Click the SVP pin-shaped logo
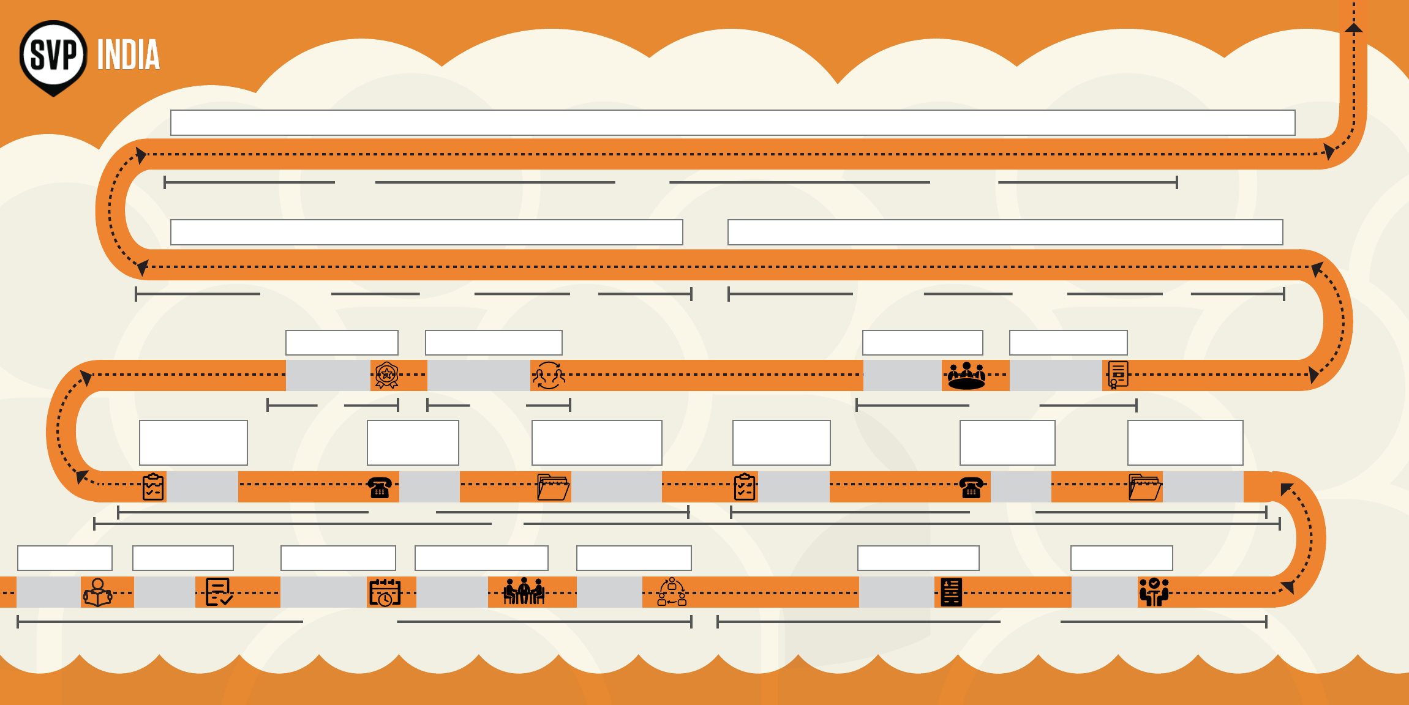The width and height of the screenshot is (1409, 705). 53,56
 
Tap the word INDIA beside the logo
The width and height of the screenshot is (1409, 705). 128,55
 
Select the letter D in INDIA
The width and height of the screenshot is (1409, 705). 131,55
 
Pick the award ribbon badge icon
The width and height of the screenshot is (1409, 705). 386,375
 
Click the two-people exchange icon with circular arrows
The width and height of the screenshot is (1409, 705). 549,375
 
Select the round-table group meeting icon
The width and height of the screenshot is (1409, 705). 966,375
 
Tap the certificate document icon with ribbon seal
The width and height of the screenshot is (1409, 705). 1118,375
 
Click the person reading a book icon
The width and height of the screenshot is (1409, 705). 97,592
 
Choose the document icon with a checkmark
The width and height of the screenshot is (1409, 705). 219,592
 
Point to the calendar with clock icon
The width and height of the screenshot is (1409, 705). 385,592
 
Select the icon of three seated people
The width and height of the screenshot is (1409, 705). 524,591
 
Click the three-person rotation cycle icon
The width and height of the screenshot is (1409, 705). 672,591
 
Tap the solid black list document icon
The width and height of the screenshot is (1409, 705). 951,592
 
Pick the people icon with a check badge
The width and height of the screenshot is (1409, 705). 1154,592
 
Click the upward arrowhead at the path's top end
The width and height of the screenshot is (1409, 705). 1353,27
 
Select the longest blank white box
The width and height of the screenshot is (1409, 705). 732,123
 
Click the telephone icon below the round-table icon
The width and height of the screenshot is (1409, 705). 971,488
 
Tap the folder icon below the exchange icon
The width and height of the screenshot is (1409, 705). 553,487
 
